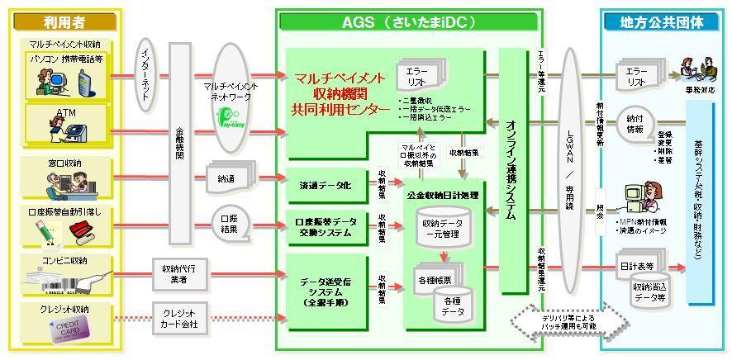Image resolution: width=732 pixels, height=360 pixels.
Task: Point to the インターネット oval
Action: click(x=145, y=78)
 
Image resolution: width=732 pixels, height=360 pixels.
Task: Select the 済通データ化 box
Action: click(x=326, y=186)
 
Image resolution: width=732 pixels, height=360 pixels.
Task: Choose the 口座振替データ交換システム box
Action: click(x=326, y=228)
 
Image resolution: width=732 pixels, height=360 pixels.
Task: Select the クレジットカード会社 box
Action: click(x=179, y=316)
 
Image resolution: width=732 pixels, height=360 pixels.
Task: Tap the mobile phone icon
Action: click(x=83, y=83)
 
